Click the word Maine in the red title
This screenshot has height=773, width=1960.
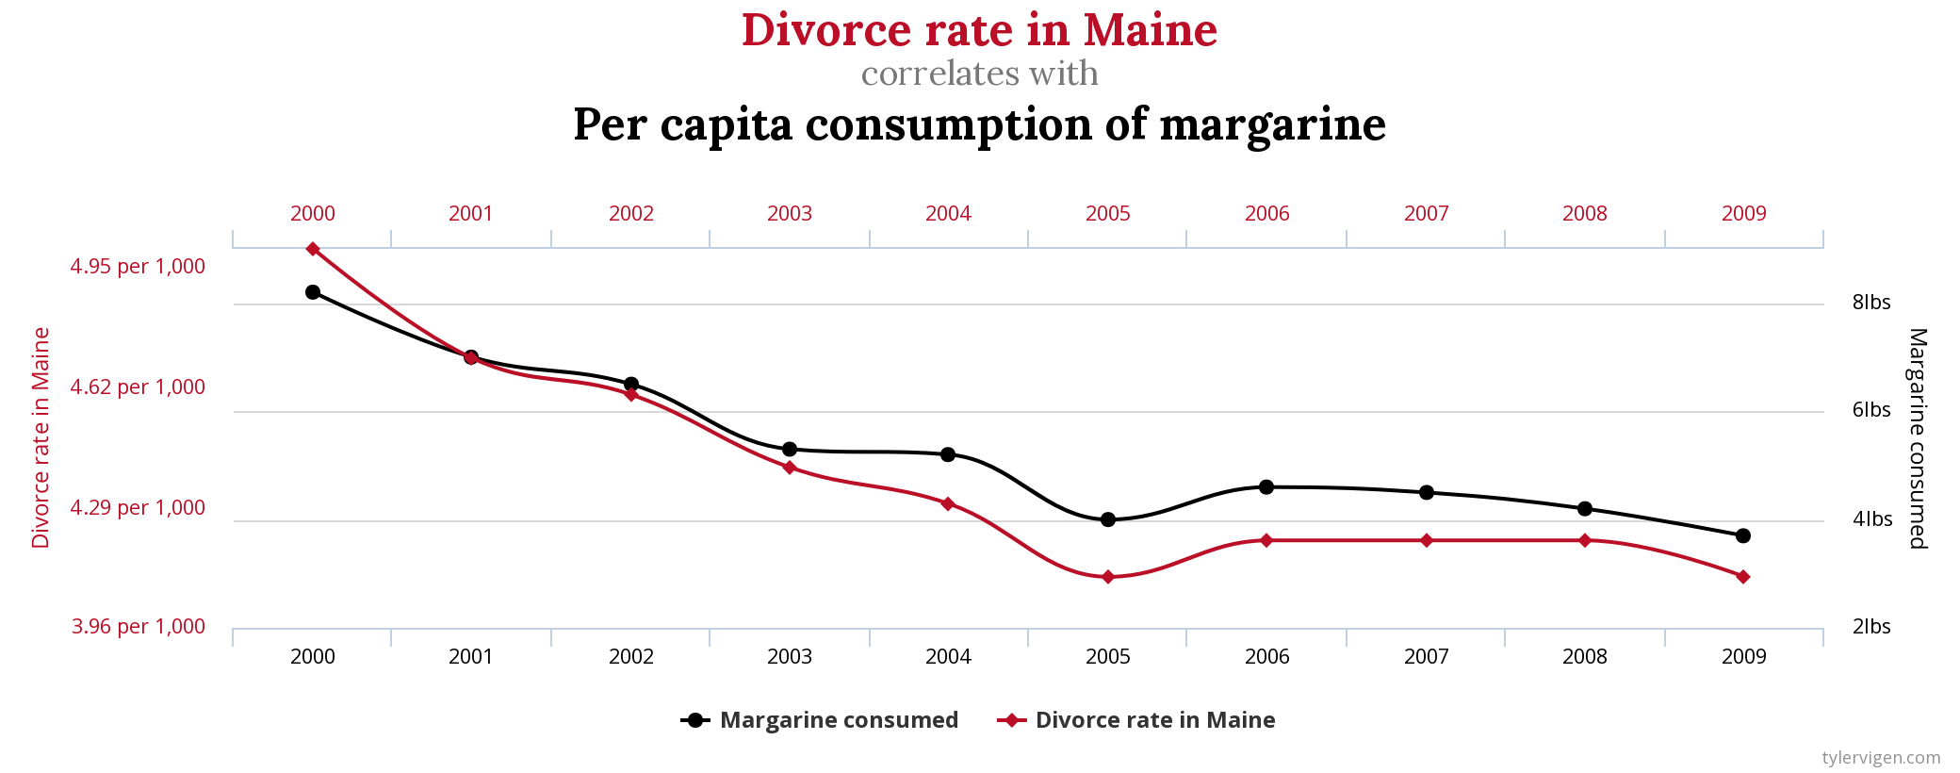pyautogui.click(x=1150, y=30)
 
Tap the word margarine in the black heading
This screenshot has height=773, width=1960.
pyautogui.click(x=1272, y=124)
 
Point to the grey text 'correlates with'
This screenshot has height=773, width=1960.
pyautogui.click(x=979, y=74)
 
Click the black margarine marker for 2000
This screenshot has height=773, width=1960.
pyautogui.click(x=313, y=292)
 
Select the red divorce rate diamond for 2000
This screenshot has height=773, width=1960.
pyautogui.click(x=313, y=249)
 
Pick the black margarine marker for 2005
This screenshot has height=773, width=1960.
pyautogui.click(x=1108, y=519)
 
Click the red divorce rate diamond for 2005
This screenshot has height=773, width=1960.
pyautogui.click(x=1108, y=577)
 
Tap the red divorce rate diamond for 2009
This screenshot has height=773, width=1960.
pyautogui.click(x=1743, y=577)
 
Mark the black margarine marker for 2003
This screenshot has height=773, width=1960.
pyautogui.click(x=790, y=449)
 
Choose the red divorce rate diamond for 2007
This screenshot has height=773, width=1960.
pyautogui.click(x=1427, y=540)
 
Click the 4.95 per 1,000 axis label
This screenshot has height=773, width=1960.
pyautogui.click(x=138, y=267)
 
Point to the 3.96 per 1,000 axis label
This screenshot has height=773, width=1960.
pyautogui.click(x=139, y=627)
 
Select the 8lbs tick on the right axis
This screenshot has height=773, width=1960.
pyautogui.click(x=1871, y=303)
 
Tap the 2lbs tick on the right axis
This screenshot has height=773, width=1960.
pyautogui.click(x=1871, y=627)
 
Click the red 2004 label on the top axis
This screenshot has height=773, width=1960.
pyautogui.click(x=948, y=214)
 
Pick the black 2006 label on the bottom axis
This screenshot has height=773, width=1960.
pyautogui.click(x=1267, y=657)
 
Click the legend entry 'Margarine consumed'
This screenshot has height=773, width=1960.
pyautogui.click(x=838, y=720)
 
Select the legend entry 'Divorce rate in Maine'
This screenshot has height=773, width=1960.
pyautogui.click(x=1154, y=720)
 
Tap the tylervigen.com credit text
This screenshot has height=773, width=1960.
pyautogui.click(x=1881, y=758)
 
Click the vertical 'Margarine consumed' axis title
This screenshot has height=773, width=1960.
pyautogui.click(x=1919, y=438)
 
